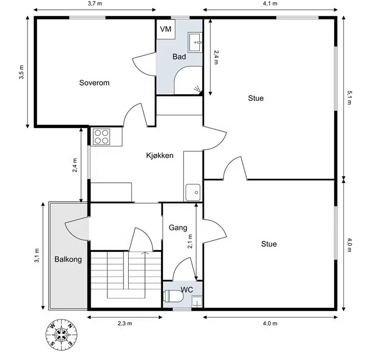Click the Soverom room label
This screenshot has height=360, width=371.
94,83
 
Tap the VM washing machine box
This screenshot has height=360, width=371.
166,29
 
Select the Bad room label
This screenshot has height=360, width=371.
179,57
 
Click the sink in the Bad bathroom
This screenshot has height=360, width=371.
195,43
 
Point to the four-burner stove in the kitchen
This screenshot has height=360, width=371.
101,137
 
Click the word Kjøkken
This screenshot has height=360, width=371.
160,156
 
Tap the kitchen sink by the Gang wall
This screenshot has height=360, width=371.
193,193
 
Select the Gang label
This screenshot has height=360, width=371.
178,228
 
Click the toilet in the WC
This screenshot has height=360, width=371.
174,296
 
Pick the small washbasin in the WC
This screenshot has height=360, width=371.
197,302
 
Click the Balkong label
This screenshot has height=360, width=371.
68,259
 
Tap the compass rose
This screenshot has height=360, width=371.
61,334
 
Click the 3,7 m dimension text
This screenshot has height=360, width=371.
95,4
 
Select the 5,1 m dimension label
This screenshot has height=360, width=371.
349,97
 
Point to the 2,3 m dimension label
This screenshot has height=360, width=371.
125,323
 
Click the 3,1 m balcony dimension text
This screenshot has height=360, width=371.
37,256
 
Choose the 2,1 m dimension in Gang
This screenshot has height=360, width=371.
190,241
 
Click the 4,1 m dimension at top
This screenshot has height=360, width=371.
270,4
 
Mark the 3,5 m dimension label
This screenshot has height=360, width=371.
22,72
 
